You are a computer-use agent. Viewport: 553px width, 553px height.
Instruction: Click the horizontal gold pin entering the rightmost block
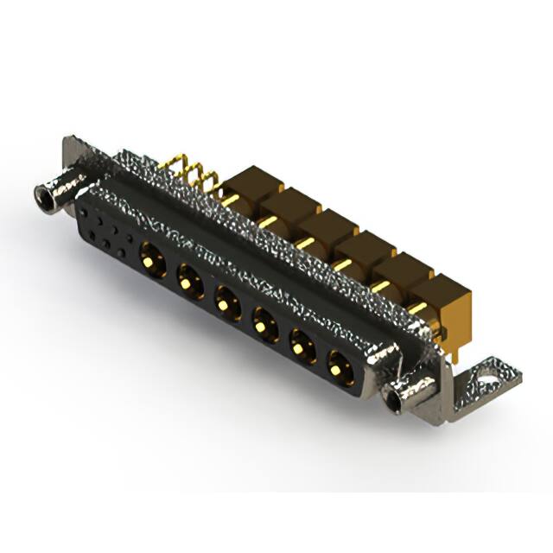pos(416,308)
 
